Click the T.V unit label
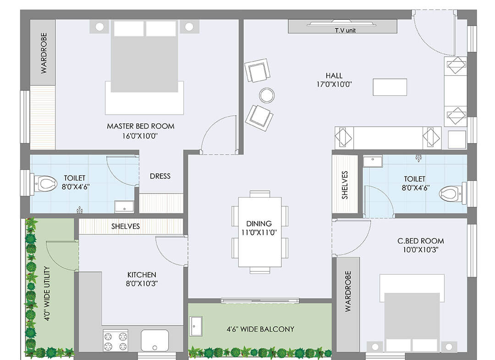345,30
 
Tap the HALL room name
334,76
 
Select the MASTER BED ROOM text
141,126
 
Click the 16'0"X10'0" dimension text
140,136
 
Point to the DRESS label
160,176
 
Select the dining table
260,232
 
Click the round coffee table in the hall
267,95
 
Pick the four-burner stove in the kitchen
115,341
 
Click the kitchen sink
155,340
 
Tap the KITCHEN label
142,275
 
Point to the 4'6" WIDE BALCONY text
260,329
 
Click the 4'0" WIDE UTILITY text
47,294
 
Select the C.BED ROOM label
420,241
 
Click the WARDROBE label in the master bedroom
44,53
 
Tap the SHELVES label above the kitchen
125,226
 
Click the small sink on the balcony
196,326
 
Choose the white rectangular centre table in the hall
390,87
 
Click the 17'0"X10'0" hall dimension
334,84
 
